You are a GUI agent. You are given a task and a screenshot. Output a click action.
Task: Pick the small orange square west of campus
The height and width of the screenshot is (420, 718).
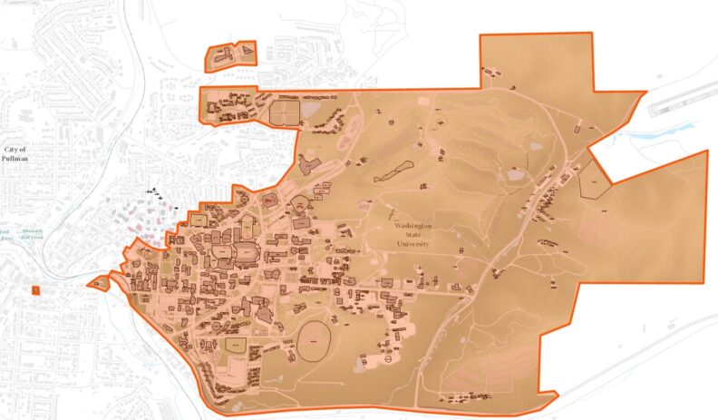[35, 289]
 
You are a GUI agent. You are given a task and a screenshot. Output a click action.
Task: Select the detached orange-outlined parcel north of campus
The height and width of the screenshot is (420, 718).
[232, 56]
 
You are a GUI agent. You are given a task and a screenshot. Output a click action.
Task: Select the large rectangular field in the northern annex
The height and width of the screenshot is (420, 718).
[285, 112]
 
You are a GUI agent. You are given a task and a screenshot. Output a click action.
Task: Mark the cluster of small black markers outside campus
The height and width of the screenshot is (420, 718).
[160, 194]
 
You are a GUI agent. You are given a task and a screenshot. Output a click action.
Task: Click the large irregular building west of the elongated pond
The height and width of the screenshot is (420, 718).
[309, 166]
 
